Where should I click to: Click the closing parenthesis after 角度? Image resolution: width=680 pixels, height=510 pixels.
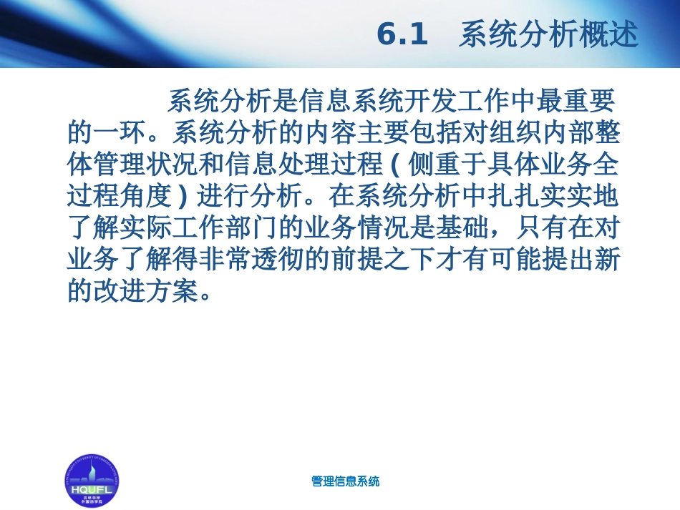[183, 196]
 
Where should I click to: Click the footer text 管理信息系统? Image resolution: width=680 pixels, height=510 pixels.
[346, 481]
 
